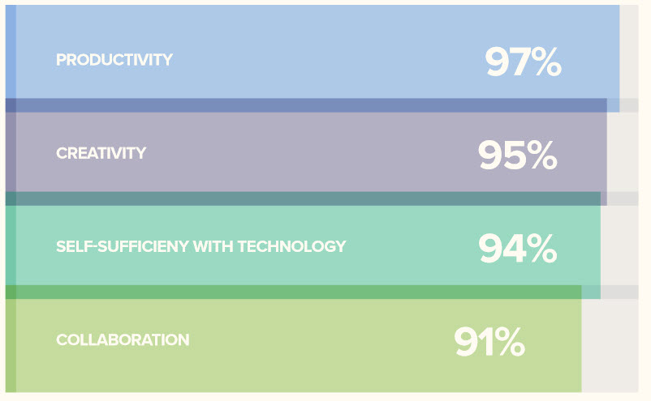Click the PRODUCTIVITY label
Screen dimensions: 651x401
[x=114, y=60]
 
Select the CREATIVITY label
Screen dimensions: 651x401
[x=101, y=153]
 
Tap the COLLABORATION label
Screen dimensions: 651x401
[x=123, y=340]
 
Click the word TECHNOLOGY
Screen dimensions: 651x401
[x=291, y=246]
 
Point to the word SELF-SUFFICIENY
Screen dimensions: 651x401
[x=123, y=246]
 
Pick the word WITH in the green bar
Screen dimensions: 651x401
[x=213, y=246]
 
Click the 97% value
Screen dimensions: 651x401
[x=523, y=62]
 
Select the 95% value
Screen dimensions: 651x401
[x=517, y=155]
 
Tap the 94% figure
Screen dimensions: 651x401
[x=517, y=248]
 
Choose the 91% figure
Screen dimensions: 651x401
[x=489, y=341]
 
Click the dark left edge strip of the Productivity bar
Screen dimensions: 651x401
[x=11, y=52]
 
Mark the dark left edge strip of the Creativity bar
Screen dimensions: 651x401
[x=11, y=152]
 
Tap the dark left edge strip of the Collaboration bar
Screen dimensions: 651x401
[x=11, y=345]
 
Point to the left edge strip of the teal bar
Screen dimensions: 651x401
[x=11, y=245]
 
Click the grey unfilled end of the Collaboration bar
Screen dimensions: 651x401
[x=610, y=345]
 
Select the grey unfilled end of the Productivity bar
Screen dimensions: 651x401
[x=629, y=52]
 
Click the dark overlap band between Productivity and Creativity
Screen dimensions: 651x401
[x=306, y=105]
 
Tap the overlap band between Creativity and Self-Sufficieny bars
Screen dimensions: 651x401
[x=303, y=198]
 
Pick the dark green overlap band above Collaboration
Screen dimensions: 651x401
[x=294, y=292]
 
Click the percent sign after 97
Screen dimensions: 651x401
[x=546, y=62]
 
